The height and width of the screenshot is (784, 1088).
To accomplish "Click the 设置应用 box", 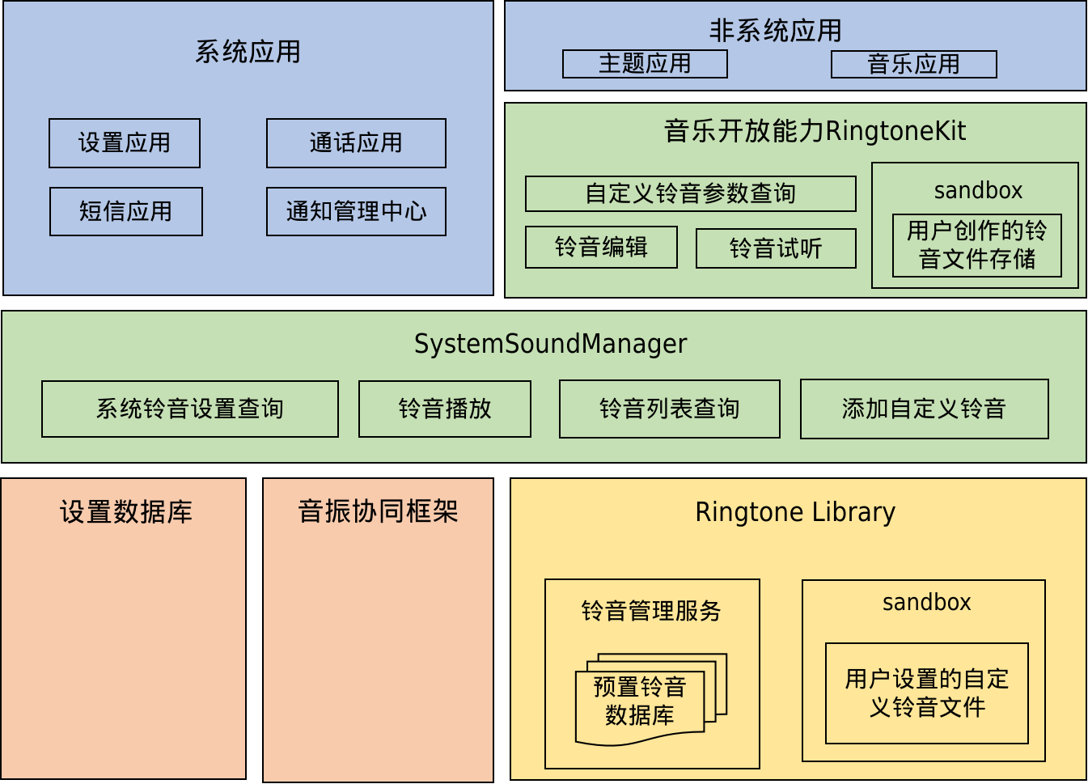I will tap(125, 143).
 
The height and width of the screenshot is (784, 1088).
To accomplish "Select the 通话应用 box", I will tap(356, 143).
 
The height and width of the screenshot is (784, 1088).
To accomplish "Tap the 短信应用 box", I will tap(125, 211).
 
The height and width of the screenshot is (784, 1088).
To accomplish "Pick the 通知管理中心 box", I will tap(356, 211).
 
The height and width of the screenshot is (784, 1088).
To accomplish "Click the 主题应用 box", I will tap(645, 64).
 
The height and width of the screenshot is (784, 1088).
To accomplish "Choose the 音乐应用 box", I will tap(913, 64).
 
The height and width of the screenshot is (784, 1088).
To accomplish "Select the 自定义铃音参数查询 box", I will tap(690, 193).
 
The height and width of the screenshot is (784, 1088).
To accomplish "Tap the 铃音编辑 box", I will tap(601, 247).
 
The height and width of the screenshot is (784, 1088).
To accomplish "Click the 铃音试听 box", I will tap(776, 248).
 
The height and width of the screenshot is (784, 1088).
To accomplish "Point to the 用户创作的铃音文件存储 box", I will tap(976, 245).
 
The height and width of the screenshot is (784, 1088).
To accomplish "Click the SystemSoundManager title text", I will tap(550, 344).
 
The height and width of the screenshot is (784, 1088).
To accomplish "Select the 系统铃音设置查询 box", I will tap(190, 409).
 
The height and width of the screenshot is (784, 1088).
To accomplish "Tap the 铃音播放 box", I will tap(445, 409).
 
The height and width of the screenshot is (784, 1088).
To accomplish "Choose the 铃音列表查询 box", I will tap(669, 409).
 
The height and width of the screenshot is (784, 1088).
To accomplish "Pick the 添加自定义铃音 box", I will tap(924, 409).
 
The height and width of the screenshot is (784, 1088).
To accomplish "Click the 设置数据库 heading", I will tap(126, 512).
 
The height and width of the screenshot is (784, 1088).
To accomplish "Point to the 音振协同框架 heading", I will tap(378, 511).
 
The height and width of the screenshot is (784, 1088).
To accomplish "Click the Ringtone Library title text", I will tap(795, 512).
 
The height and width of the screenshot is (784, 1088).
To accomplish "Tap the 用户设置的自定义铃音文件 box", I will tap(926, 693).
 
